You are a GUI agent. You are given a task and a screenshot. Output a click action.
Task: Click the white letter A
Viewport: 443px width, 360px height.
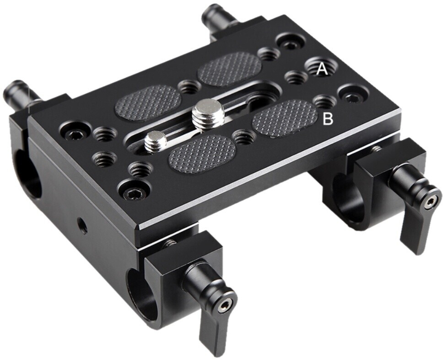click(x=322, y=70)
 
